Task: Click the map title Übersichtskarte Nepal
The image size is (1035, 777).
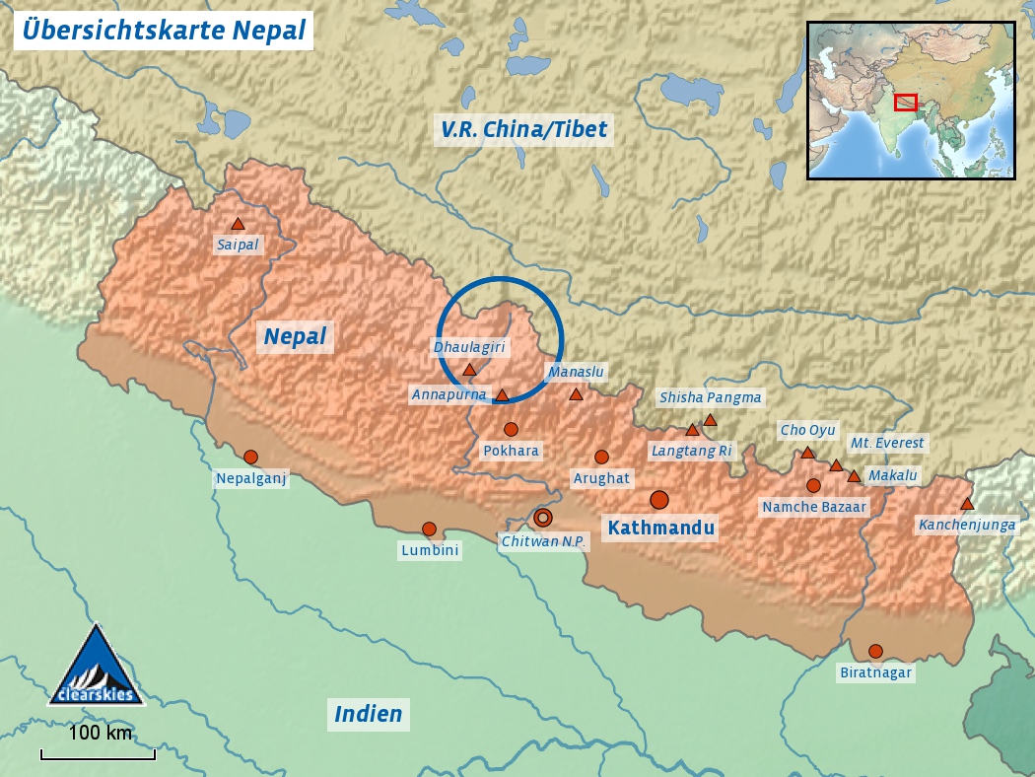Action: tap(164, 30)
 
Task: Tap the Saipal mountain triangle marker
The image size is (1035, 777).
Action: tap(238, 225)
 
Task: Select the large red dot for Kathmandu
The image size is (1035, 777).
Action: tap(659, 500)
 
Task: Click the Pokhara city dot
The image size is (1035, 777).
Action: tap(511, 429)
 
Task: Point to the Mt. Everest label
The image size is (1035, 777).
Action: tap(887, 444)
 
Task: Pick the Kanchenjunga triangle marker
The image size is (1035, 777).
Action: tap(967, 504)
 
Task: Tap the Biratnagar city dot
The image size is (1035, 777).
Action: tap(875, 651)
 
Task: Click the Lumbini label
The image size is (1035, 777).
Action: tap(430, 551)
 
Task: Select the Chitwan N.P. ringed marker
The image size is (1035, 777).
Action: tap(543, 518)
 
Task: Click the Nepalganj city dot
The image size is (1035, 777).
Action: tap(250, 457)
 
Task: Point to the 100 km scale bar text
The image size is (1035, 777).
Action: tap(100, 734)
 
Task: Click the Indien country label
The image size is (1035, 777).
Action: tap(369, 714)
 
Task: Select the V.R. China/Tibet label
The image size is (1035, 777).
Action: tap(524, 129)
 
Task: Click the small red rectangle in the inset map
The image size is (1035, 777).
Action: tap(906, 102)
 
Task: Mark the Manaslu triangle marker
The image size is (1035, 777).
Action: tap(576, 394)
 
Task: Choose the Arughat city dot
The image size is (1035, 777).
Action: tap(601, 457)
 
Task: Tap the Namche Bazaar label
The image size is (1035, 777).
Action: tap(814, 507)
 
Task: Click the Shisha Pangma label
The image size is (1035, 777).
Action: tap(711, 397)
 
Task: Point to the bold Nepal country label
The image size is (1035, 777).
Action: tap(295, 337)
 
